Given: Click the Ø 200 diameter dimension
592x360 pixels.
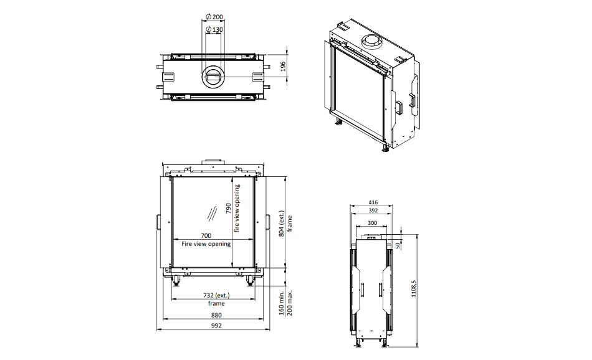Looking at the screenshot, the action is coord(214,17).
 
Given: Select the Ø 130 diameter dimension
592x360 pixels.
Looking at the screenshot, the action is coord(214,29).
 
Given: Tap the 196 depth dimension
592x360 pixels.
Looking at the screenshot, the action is coord(283,67).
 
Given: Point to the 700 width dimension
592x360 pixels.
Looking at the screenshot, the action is coord(206,236).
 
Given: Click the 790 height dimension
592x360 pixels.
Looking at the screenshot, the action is coord(229,208).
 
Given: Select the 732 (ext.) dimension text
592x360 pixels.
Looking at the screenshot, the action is coord(216,295).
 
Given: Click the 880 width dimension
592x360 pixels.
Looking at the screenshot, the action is coord(216,315).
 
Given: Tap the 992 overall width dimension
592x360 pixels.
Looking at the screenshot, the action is coord(216,325).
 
